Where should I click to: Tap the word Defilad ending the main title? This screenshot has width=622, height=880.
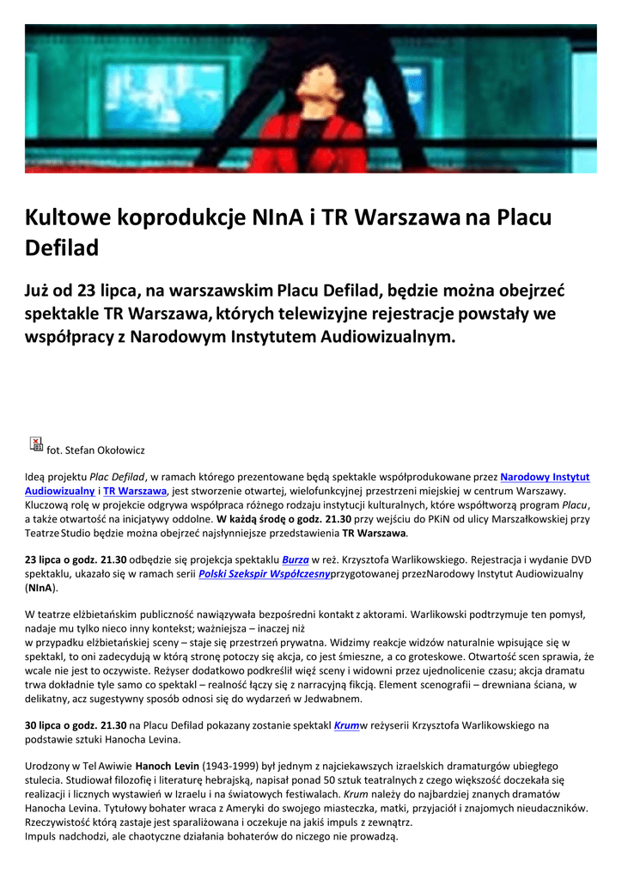pyautogui.click(x=62, y=248)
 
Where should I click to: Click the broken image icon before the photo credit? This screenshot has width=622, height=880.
pyautogui.click(x=36, y=443)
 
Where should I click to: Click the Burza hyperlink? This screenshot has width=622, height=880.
pyautogui.click(x=296, y=559)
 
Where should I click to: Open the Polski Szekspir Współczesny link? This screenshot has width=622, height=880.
pyautogui.click(x=264, y=574)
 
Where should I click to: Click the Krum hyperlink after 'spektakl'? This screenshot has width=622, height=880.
pyautogui.click(x=345, y=725)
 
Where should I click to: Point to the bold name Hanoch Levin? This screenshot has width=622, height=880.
pyautogui.click(x=168, y=766)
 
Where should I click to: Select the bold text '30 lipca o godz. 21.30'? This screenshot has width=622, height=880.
pyautogui.click(x=76, y=725)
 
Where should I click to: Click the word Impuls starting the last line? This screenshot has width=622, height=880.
pyautogui.click(x=40, y=836)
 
